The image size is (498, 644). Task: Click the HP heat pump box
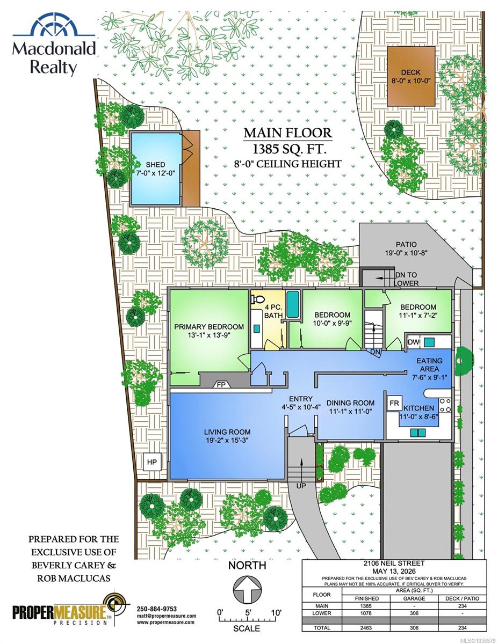[152, 462]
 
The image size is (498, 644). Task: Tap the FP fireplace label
[221, 385]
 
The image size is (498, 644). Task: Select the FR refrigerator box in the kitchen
[394, 402]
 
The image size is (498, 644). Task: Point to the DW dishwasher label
[414, 342]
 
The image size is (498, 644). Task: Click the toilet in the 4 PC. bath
[257, 299]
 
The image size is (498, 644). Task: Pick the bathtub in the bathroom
[293, 304]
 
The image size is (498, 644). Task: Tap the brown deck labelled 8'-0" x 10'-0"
[411, 76]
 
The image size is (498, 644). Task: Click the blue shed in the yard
[156, 169]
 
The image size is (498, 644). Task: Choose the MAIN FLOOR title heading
[288, 133]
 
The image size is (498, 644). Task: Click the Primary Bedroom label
[209, 327]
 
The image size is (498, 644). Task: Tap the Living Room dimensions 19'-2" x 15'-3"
[227, 441]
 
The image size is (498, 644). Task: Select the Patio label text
[406, 245]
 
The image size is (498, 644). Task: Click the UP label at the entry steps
[301, 486]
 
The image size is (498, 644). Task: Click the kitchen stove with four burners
[445, 405]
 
